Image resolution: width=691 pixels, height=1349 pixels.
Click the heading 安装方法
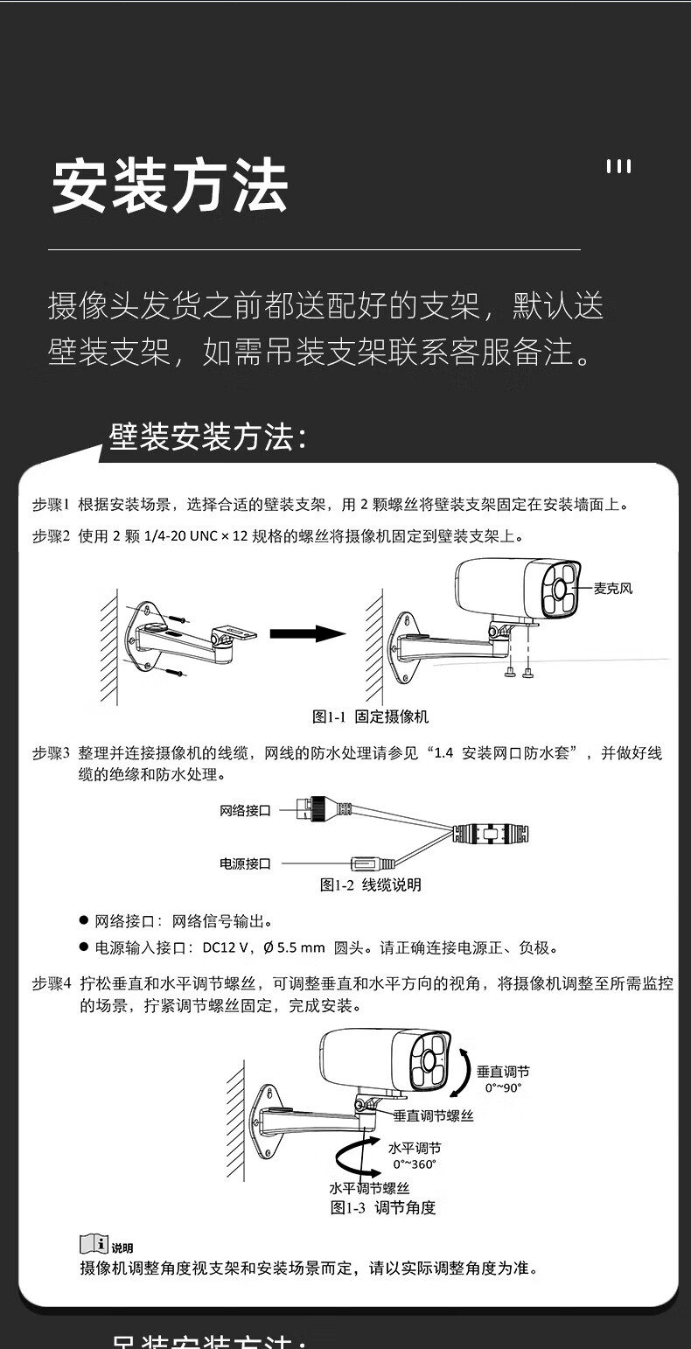click(x=169, y=185)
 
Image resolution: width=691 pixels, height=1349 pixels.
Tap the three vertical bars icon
click(x=618, y=166)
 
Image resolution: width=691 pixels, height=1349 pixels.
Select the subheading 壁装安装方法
click(x=208, y=437)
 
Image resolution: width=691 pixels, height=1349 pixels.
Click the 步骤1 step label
click(x=51, y=505)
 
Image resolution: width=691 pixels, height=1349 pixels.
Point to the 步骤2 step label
click(x=51, y=536)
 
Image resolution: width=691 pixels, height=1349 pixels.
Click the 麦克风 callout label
click(x=613, y=589)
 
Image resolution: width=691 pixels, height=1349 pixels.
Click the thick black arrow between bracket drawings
click(x=307, y=633)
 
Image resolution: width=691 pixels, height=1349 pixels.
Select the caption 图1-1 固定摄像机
click(x=370, y=716)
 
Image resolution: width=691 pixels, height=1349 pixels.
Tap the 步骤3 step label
click(x=51, y=752)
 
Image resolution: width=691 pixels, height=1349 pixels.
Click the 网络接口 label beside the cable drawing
click(x=245, y=811)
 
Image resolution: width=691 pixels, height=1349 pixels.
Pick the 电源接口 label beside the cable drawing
click(x=245, y=863)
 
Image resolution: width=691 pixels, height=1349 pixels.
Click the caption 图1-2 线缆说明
click(x=370, y=884)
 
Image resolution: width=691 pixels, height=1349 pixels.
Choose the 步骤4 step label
click(x=51, y=984)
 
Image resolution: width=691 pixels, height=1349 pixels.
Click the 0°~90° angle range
click(x=503, y=1087)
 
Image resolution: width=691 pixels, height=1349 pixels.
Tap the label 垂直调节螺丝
click(x=433, y=1116)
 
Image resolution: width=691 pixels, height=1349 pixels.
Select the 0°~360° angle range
click(x=415, y=1164)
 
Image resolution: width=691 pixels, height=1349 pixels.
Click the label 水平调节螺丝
click(x=369, y=1188)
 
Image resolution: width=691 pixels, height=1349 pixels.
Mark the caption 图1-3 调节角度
click(x=383, y=1207)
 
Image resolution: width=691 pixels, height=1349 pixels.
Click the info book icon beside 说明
click(x=94, y=1244)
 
